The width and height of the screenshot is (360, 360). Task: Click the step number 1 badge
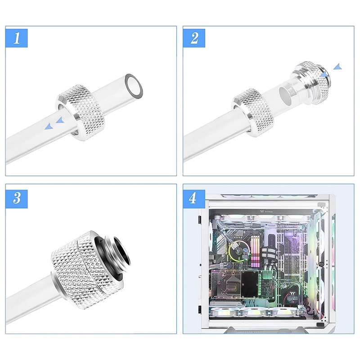click(x=17, y=38)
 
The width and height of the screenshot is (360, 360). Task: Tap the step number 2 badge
click(x=194, y=38)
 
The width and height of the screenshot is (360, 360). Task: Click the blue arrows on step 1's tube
click(x=54, y=124)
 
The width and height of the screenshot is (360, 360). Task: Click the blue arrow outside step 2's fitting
click(x=337, y=67)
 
